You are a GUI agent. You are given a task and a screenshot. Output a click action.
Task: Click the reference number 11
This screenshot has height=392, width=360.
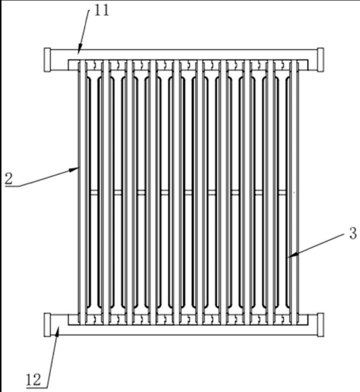click(102, 11)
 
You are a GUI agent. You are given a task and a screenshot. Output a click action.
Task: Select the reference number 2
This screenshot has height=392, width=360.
click(8, 179)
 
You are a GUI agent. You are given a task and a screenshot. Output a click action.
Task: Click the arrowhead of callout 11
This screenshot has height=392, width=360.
click(80, 50)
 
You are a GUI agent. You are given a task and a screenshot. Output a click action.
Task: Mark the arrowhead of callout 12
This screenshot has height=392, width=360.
click(58, 328)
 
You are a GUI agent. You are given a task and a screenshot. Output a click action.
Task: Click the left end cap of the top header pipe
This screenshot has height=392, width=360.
click(47, 60)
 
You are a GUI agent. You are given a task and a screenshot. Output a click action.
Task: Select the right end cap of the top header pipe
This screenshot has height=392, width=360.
click(320, 60)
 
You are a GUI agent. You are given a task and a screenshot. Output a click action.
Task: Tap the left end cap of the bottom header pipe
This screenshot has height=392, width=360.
click(47, 325)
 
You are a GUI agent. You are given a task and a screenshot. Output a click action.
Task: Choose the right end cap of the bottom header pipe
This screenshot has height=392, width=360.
click(320, 325)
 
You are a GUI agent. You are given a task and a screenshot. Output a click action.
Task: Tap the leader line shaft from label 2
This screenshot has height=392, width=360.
click(43, 177)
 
